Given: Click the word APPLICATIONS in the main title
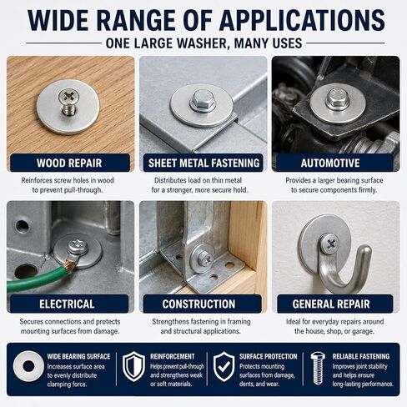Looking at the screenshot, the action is click(302, 20).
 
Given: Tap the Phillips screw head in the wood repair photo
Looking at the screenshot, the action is click(68, 96).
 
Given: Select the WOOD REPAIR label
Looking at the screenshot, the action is click(69, 163).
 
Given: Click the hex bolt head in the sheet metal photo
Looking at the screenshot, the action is click(203, 101).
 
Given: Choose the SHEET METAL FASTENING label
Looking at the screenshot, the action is click(203, 163).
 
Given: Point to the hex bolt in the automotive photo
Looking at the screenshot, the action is click(338, 99).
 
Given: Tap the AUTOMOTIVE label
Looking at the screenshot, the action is click(330, 163).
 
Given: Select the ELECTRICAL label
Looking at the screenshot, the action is click(67, 304).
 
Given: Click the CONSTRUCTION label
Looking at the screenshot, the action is click(198, 304).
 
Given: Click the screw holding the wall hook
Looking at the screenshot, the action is click(329, 244).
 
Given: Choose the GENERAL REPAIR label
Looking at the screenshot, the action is click(331, 304).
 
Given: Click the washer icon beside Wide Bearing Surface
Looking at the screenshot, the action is click(28, 366).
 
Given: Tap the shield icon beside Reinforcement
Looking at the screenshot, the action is click(134, 366).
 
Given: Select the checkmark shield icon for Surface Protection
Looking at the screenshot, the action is click(224, 366).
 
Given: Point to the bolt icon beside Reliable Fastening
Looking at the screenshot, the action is click(318, 368).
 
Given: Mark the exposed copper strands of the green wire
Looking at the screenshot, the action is click(70, 264).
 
